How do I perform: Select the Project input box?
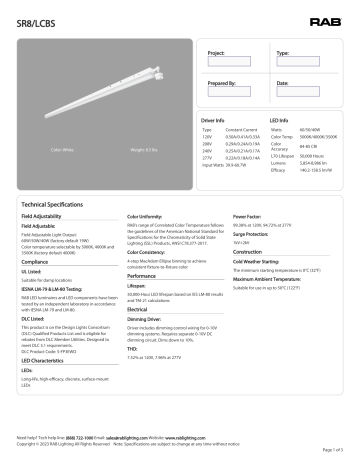(x=235, y=61)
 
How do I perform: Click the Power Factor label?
(x=246, y=215)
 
